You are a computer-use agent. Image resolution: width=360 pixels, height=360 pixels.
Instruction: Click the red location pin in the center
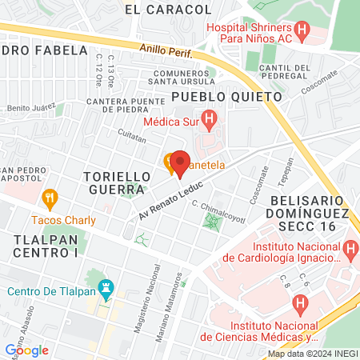(180, 162)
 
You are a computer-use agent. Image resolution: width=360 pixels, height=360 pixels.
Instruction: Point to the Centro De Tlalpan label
(50, 290)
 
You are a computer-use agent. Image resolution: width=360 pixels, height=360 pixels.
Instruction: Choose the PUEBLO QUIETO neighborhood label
(227, 96)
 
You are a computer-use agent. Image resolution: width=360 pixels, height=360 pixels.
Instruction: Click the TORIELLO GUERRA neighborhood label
(117, 182)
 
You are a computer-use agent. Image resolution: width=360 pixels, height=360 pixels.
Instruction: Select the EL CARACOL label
(169, 10)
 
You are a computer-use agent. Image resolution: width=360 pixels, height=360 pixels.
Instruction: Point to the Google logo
(26, 350)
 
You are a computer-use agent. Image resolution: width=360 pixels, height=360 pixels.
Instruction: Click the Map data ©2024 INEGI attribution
(312, 354)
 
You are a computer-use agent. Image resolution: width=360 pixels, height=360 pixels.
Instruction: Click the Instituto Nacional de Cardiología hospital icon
(350, 252)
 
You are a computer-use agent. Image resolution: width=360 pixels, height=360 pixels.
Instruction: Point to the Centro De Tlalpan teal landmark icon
(104, 286)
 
